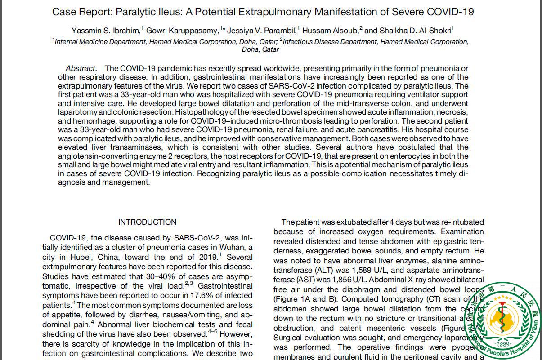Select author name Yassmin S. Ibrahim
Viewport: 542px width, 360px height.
(106, 31)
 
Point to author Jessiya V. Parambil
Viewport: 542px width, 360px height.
(261, 31)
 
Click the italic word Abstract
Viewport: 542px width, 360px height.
(81, 68)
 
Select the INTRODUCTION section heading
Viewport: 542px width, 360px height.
(147, 222)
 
